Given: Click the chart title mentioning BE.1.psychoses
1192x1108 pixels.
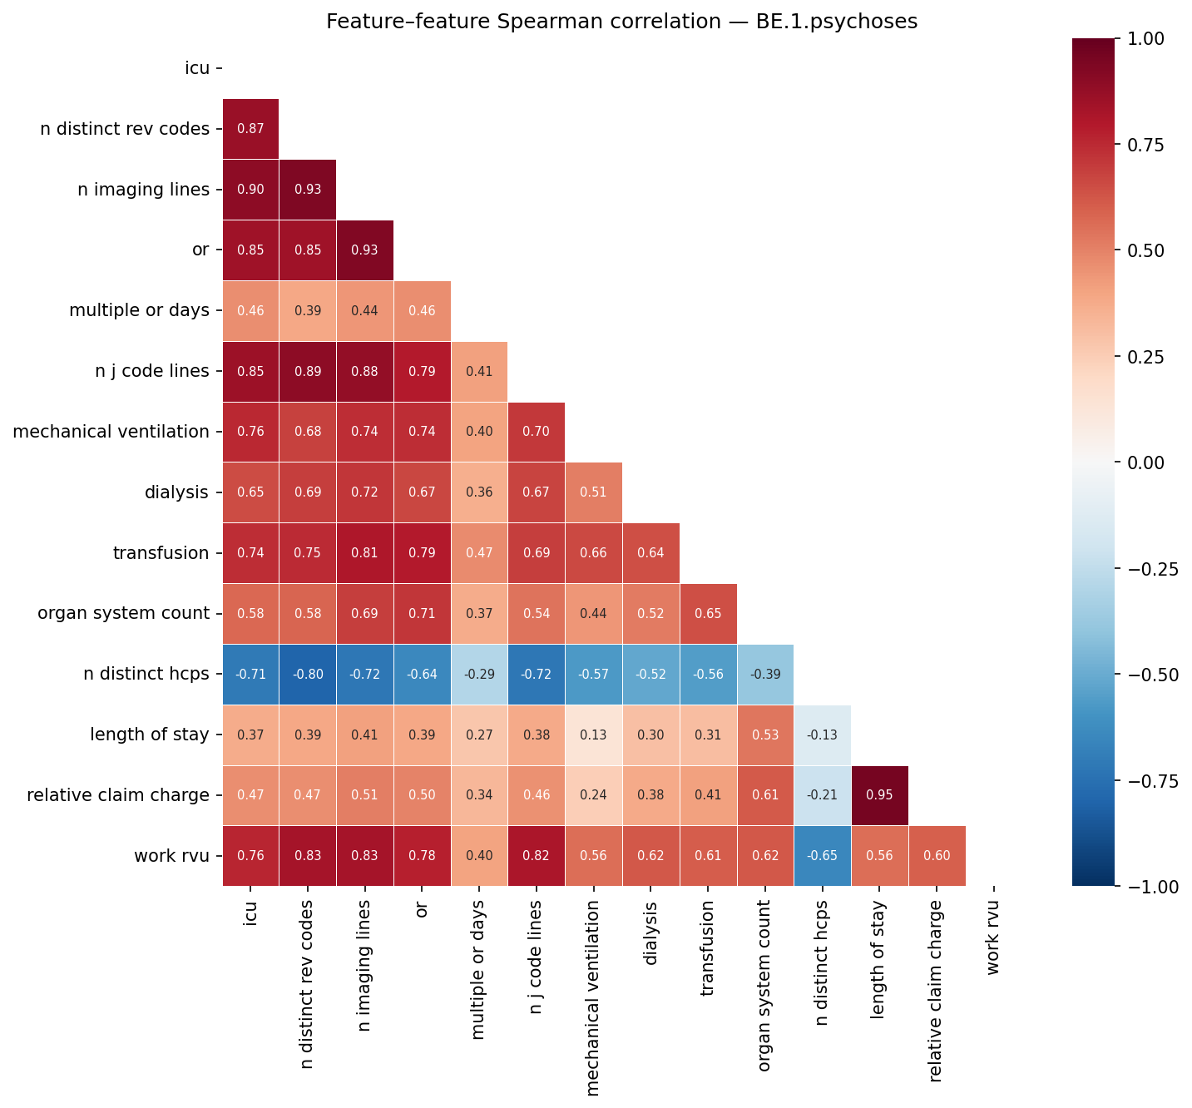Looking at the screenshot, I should click(621, 22).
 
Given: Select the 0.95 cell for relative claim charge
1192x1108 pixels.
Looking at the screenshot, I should click(879, 795).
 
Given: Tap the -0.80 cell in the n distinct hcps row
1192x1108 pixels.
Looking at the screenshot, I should click(308, 674).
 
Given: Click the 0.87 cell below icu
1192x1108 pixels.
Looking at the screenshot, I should click(250, 129).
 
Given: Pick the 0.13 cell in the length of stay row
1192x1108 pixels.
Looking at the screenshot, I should click(593, 735).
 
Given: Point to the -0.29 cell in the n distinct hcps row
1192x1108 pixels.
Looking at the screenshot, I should click(478, 674).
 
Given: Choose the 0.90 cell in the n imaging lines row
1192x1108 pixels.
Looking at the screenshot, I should click(250, 190).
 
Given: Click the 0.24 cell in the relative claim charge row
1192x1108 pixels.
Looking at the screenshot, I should click(593, 795).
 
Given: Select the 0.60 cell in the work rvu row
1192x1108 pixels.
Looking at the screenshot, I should click(937, 856).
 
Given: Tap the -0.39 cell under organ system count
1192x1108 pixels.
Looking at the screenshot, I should click(764, 674).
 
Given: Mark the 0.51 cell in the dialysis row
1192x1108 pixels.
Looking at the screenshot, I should click(593, 492).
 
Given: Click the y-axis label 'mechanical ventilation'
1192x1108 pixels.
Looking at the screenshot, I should click(111, 432).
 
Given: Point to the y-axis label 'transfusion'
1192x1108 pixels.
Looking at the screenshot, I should click(161, 553).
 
